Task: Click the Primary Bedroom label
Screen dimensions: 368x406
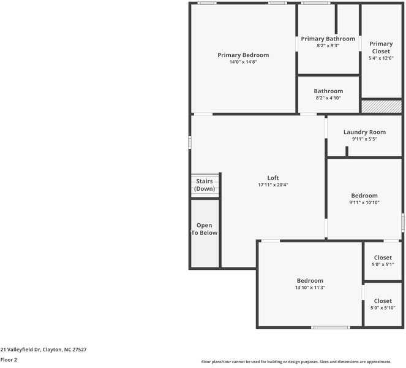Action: (x=243, y=55)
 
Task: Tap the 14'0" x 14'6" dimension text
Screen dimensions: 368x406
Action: (x=243, y=63)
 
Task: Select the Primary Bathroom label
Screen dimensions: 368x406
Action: (x=328, y=39)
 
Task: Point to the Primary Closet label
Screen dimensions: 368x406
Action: (x=381, y=47)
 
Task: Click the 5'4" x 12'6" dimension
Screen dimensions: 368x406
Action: (x=381, y=58)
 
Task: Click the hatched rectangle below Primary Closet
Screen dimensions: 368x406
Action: (x=381, y=107)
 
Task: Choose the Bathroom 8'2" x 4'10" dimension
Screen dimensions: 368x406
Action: (x=328, y=98)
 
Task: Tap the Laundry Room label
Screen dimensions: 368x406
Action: (x=364, y=132)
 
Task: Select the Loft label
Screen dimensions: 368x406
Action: (x=273, y=178)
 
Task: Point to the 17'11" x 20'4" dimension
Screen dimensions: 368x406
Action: (x=273, y=185)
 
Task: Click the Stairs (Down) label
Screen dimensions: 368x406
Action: (x=205, y=185)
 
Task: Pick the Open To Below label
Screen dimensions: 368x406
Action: (x=204, y=229)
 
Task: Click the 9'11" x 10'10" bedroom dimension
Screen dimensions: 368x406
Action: (x=364, y=203)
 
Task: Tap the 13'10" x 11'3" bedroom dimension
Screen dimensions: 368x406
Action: (x=310, y=288)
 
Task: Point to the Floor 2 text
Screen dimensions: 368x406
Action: (x=9, y=360)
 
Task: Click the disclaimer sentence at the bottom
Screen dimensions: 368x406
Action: (x=303, y=362)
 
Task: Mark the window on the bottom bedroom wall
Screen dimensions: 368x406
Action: (x=331, y=328)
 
